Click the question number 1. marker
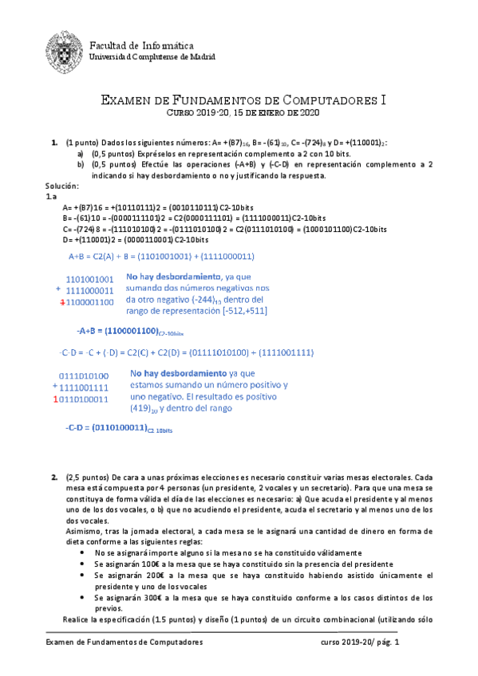pos(54,143)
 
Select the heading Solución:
pos(63,185)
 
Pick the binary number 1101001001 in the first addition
pos(90,280)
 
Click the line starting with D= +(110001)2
pos(136,239)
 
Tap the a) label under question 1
pos(80,153)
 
